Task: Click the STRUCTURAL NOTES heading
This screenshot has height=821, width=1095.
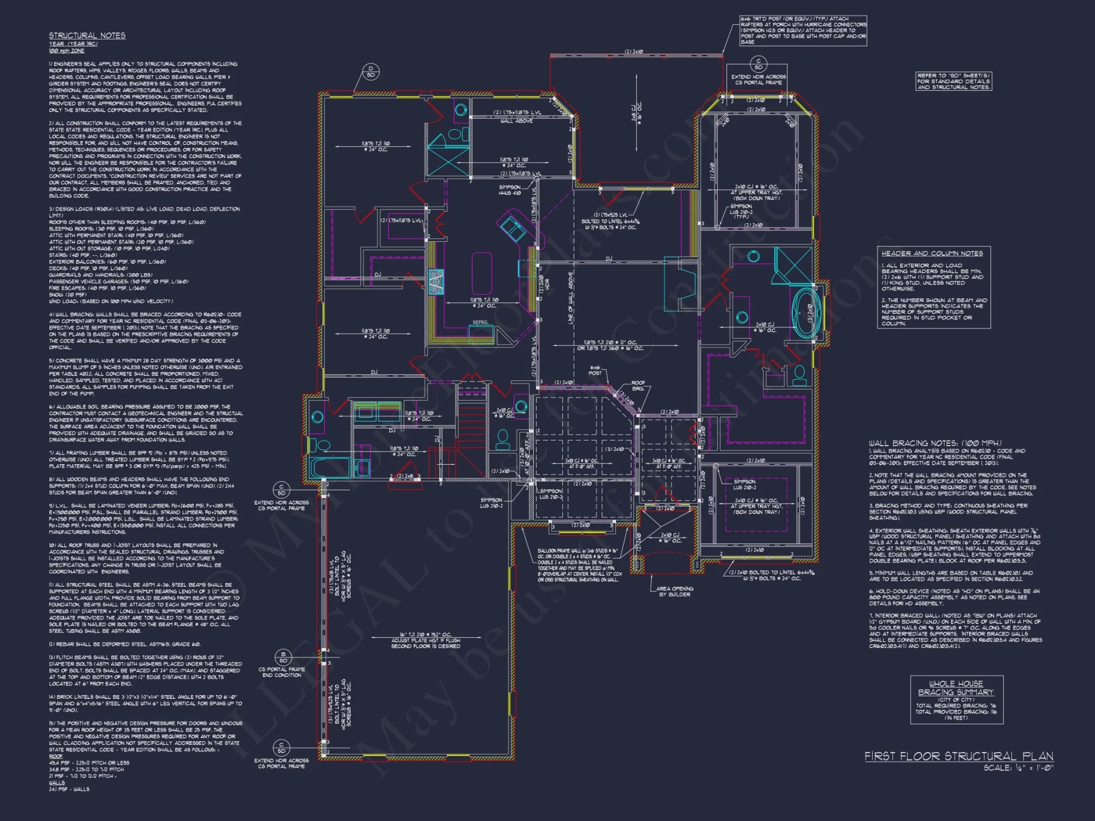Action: [x=87, y=36]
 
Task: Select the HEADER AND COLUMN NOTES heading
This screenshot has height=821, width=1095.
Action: [x=932, y=253]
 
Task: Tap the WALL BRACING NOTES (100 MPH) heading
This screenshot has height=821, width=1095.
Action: [x=935, y=443]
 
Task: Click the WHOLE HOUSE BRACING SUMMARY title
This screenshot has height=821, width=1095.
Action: [x=956, y=688]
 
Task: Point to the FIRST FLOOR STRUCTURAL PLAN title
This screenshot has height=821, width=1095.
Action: [x=959, y=756]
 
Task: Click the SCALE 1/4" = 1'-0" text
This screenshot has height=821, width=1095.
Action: [x=1018, y=768]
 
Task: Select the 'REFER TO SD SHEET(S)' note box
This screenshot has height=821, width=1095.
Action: [x=953, y=81]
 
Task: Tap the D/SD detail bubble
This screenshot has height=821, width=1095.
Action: [x=371, y=72]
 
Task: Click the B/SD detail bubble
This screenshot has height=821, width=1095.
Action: [x=283, y=657]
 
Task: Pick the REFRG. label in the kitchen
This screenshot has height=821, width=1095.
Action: [x=480, y=322]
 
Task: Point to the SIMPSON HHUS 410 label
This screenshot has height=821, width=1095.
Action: [x=510, y=190]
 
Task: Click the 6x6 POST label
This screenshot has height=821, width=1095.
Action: [x=595, y=371]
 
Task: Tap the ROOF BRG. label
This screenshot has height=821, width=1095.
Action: [x=638, y=385]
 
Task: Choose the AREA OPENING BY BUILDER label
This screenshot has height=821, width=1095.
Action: [x=675, y=591]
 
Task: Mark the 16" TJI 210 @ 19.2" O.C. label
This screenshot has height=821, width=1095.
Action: [x=425, y=640]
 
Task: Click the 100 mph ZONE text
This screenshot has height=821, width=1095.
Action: [x=67, y=51]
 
